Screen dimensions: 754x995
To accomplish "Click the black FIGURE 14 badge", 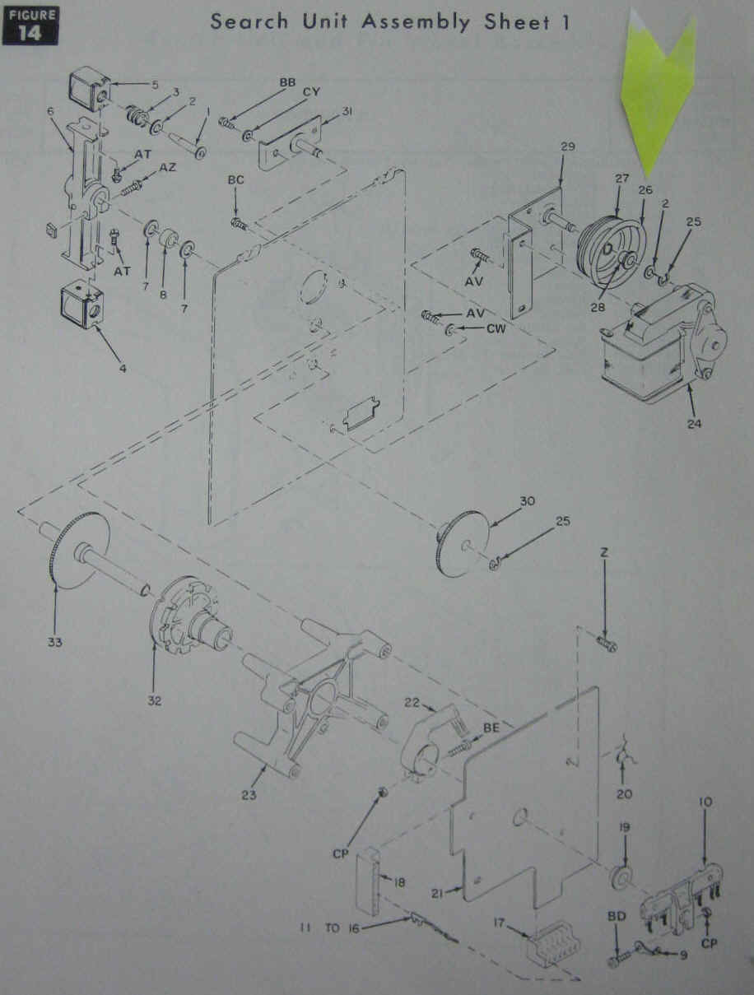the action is tap(30, 26).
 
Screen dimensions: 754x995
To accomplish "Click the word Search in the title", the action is tap(249, 21).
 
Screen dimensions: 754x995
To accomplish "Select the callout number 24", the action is tap(694, 423).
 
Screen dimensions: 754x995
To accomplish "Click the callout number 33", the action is tap(55, 642).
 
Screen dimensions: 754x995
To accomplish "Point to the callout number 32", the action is tap(154, 701).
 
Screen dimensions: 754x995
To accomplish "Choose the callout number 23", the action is tap(249, 795).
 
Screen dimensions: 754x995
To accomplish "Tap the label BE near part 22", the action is tap(491, 728).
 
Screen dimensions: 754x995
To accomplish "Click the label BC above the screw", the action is tap(235, 180).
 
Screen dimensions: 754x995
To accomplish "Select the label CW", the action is tap(496, 328).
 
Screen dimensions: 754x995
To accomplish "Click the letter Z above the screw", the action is tap(604, 552).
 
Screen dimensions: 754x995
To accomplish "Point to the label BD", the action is tap(617, 916).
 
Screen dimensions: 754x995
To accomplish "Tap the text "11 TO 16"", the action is tap(331, 928).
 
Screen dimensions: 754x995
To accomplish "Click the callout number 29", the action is tap(567, 146).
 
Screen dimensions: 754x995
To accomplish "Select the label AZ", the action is tap(167, 168).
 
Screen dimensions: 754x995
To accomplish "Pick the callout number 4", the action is tap(123, 368).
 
